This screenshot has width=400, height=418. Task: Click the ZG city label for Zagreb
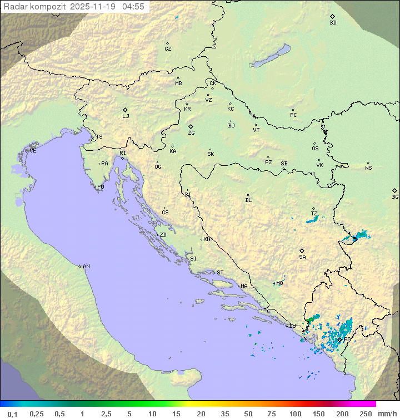tap(191, 133)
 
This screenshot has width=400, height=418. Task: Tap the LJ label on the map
tap(126, 116)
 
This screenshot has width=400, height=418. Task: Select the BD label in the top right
tap(333, 23)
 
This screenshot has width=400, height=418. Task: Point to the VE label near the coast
tap(33, 151)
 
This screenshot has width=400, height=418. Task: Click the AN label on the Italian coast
tap(86, 267)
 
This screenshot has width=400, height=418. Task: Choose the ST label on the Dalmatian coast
tap(220, 273)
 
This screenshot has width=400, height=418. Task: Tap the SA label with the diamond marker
tap(302, 257)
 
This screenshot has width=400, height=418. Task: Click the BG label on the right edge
tap(395, 197)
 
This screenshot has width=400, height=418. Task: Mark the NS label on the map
tap(368, 168)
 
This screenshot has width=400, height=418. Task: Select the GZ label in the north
tap(168, 49)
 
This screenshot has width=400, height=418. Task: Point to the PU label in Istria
tap(101, 187)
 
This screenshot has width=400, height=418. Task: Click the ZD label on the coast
tap(163, 235)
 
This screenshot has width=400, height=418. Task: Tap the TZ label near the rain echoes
tap(314, 214)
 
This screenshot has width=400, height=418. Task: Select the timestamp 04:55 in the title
tap(133, 7)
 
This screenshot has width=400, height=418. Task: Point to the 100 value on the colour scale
tap(295, 414)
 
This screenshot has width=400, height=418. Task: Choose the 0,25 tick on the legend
tap(37, 414)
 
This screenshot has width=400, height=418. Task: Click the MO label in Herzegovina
tap(279, 283)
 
